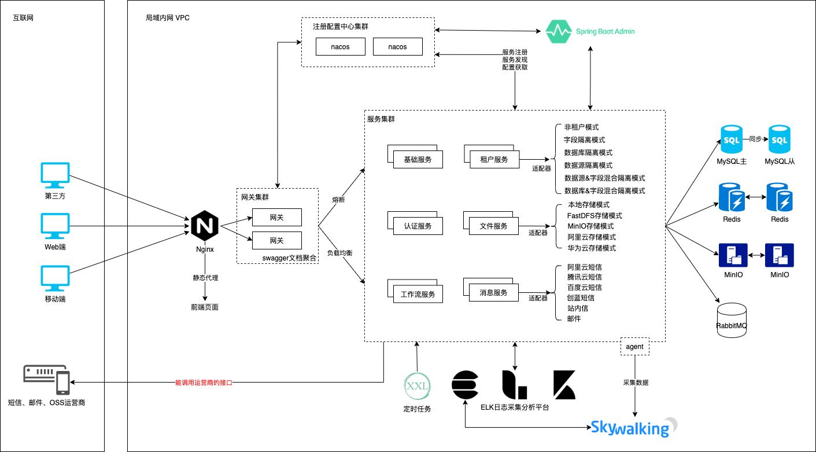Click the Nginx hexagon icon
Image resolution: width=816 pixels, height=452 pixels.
point(205,226)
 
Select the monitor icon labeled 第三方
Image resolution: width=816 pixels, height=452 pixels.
point(55,175)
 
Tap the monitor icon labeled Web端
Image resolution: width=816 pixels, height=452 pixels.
point(55,226)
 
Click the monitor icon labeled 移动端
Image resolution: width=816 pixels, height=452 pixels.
point(55,278)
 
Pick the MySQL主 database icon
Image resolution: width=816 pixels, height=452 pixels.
point(731,139)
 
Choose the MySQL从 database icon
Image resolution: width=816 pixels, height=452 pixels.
point(779,139)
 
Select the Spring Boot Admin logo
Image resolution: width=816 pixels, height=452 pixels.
point(590,31)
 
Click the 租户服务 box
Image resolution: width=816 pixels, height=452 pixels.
point(493,159)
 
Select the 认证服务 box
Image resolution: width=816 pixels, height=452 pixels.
point(417,226)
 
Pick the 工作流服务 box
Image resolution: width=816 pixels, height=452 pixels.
point(418,294)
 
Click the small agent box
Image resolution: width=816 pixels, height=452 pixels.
point(634,347)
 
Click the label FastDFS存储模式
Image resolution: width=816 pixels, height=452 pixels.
point(594,215)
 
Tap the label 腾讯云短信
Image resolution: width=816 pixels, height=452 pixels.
point(584,277)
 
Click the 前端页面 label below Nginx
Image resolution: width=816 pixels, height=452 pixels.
point(205,307)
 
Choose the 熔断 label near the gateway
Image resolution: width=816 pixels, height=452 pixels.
point(338,200)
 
